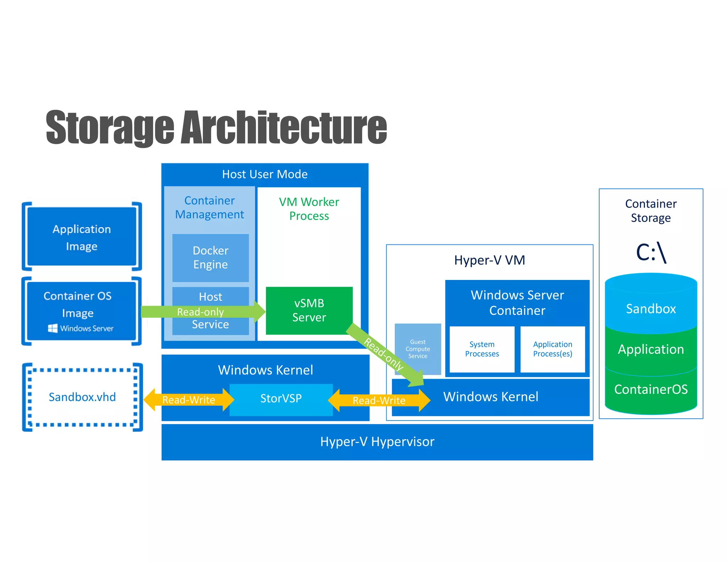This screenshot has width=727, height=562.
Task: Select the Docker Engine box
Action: [x=211, y=258]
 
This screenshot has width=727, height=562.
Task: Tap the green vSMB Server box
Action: [x=309, y=310]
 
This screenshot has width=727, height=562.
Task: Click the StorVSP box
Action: [x=281, y=399]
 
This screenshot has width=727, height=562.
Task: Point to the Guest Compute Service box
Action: [x=417, y=349]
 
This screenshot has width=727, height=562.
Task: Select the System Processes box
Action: [x=482, y=349]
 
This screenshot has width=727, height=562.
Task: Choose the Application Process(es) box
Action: [x=552, y=349]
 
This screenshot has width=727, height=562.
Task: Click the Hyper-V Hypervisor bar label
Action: [x=377, y=442]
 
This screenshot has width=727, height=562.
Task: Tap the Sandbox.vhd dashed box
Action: [x=82, y=397]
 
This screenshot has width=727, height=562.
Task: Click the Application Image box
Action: [x=82, y=237]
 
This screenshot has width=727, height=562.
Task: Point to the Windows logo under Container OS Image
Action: [x=53, y=328]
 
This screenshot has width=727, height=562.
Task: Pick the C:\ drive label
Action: [x=651, y=252]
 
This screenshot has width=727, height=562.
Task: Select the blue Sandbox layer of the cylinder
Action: [x=651, y=308]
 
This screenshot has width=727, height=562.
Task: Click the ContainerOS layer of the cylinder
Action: [x=651, y=389]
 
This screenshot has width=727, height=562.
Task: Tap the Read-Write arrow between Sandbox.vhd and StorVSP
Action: [x=188, y=400]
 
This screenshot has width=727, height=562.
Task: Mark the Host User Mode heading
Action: [x=265, y=174]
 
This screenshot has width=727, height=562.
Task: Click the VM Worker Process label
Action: [x=309, y=209]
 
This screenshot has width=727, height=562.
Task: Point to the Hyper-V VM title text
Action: [x=490, y=260]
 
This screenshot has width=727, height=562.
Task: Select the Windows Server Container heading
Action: [x=517, y=302]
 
